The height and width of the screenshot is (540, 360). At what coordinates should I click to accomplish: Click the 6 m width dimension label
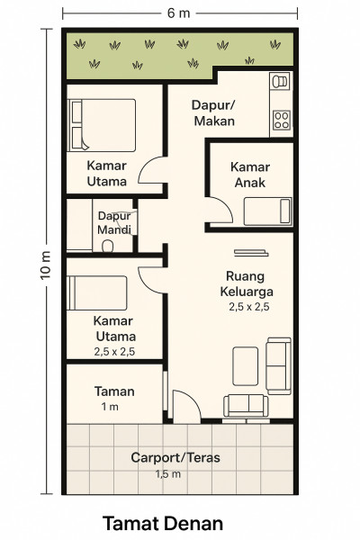coord(178,13)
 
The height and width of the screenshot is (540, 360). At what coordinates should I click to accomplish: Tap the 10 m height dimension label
coord(46,265)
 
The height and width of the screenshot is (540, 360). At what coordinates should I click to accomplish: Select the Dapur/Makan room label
coord(213,113)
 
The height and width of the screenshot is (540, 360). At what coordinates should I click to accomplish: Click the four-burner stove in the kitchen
coord(282,121)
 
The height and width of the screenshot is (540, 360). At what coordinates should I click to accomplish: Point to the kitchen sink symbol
coord(281,82)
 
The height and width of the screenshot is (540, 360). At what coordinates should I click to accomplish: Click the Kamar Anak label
coord(250,175)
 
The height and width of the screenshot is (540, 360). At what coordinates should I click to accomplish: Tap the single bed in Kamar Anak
coord(267,211)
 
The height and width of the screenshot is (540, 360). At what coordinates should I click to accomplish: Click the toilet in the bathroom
coord(108,246)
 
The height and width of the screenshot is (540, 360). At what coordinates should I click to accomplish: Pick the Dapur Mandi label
coord(114,222)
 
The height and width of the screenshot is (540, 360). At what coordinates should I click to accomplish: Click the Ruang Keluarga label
coord(247,283)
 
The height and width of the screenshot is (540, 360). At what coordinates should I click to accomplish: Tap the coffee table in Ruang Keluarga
coord(246,366)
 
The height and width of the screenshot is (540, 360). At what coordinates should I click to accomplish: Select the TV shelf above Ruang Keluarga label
coord(251,253)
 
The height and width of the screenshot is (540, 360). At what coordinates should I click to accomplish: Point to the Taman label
coord(114,391)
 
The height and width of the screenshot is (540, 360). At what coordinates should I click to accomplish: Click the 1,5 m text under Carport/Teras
coord(167,474)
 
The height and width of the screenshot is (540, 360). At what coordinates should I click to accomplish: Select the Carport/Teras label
coord(175,458)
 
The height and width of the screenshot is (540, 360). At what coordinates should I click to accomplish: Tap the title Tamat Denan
coord(163,524)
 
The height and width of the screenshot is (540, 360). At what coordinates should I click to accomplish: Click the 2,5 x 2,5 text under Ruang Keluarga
coord(249,307)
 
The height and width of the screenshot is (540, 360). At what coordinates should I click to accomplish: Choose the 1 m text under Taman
coord(110,407)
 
